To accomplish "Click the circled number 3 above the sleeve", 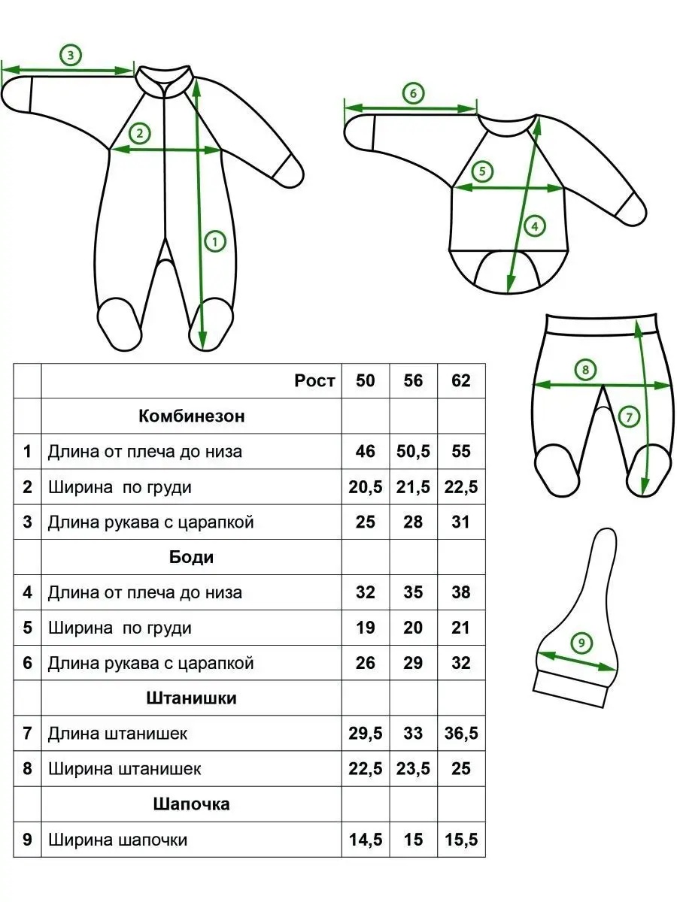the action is pos(70,55).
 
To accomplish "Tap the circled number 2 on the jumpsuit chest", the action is pos(140,133).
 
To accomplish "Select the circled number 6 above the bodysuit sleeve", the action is pos(413,93).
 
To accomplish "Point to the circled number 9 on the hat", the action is pos(581,643).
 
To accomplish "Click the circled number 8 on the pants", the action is pos(585,369).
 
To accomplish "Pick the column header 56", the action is pos(413,380).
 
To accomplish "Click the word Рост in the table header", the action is pos(314,381).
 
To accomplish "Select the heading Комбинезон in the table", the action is pos(192,416).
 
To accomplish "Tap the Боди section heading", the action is pos(192,557).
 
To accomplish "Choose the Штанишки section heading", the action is pos(192,698).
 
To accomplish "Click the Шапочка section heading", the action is pos(192,804).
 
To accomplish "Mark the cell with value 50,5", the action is pos(413,451).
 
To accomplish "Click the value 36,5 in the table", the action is pos(461,733).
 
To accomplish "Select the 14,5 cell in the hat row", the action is pos(366,840).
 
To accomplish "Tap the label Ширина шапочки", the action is pos(117,840).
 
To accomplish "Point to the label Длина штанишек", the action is pos(117,734).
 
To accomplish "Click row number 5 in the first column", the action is pos(27,628).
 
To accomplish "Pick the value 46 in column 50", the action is pos(366,451).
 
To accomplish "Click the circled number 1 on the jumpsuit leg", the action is pos(215,241).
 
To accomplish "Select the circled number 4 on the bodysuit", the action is pos(535,225).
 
